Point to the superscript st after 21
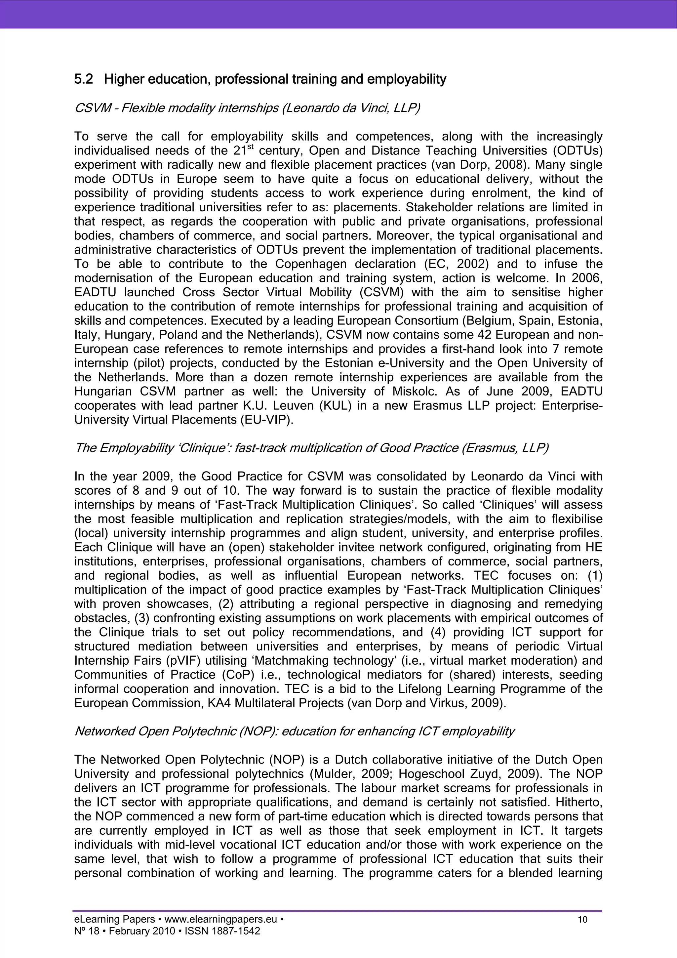coord(250,147)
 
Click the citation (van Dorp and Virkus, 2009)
coord(426,703)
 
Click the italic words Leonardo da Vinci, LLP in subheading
coord(350,108)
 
